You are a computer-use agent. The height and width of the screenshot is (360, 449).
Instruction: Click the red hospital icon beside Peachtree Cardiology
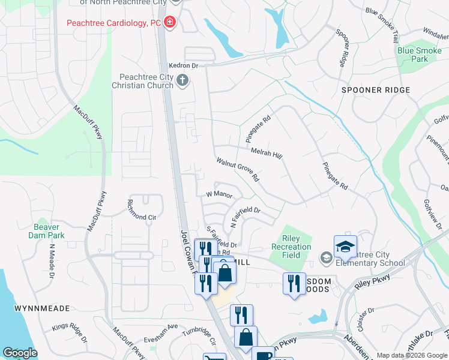170,23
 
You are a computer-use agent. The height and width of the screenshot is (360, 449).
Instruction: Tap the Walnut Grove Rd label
238,170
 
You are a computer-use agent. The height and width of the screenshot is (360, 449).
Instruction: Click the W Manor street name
218,194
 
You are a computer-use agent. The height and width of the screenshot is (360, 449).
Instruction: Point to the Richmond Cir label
142,216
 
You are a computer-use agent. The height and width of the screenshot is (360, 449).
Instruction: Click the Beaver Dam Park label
46,231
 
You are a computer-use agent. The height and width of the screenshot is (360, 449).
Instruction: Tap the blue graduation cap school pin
345,247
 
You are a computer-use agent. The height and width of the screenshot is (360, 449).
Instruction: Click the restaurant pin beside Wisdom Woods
294,283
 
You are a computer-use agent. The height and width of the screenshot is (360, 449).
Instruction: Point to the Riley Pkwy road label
372,283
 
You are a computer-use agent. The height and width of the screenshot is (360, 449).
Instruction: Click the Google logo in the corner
20,353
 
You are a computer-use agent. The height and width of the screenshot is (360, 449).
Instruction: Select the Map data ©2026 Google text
412,355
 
